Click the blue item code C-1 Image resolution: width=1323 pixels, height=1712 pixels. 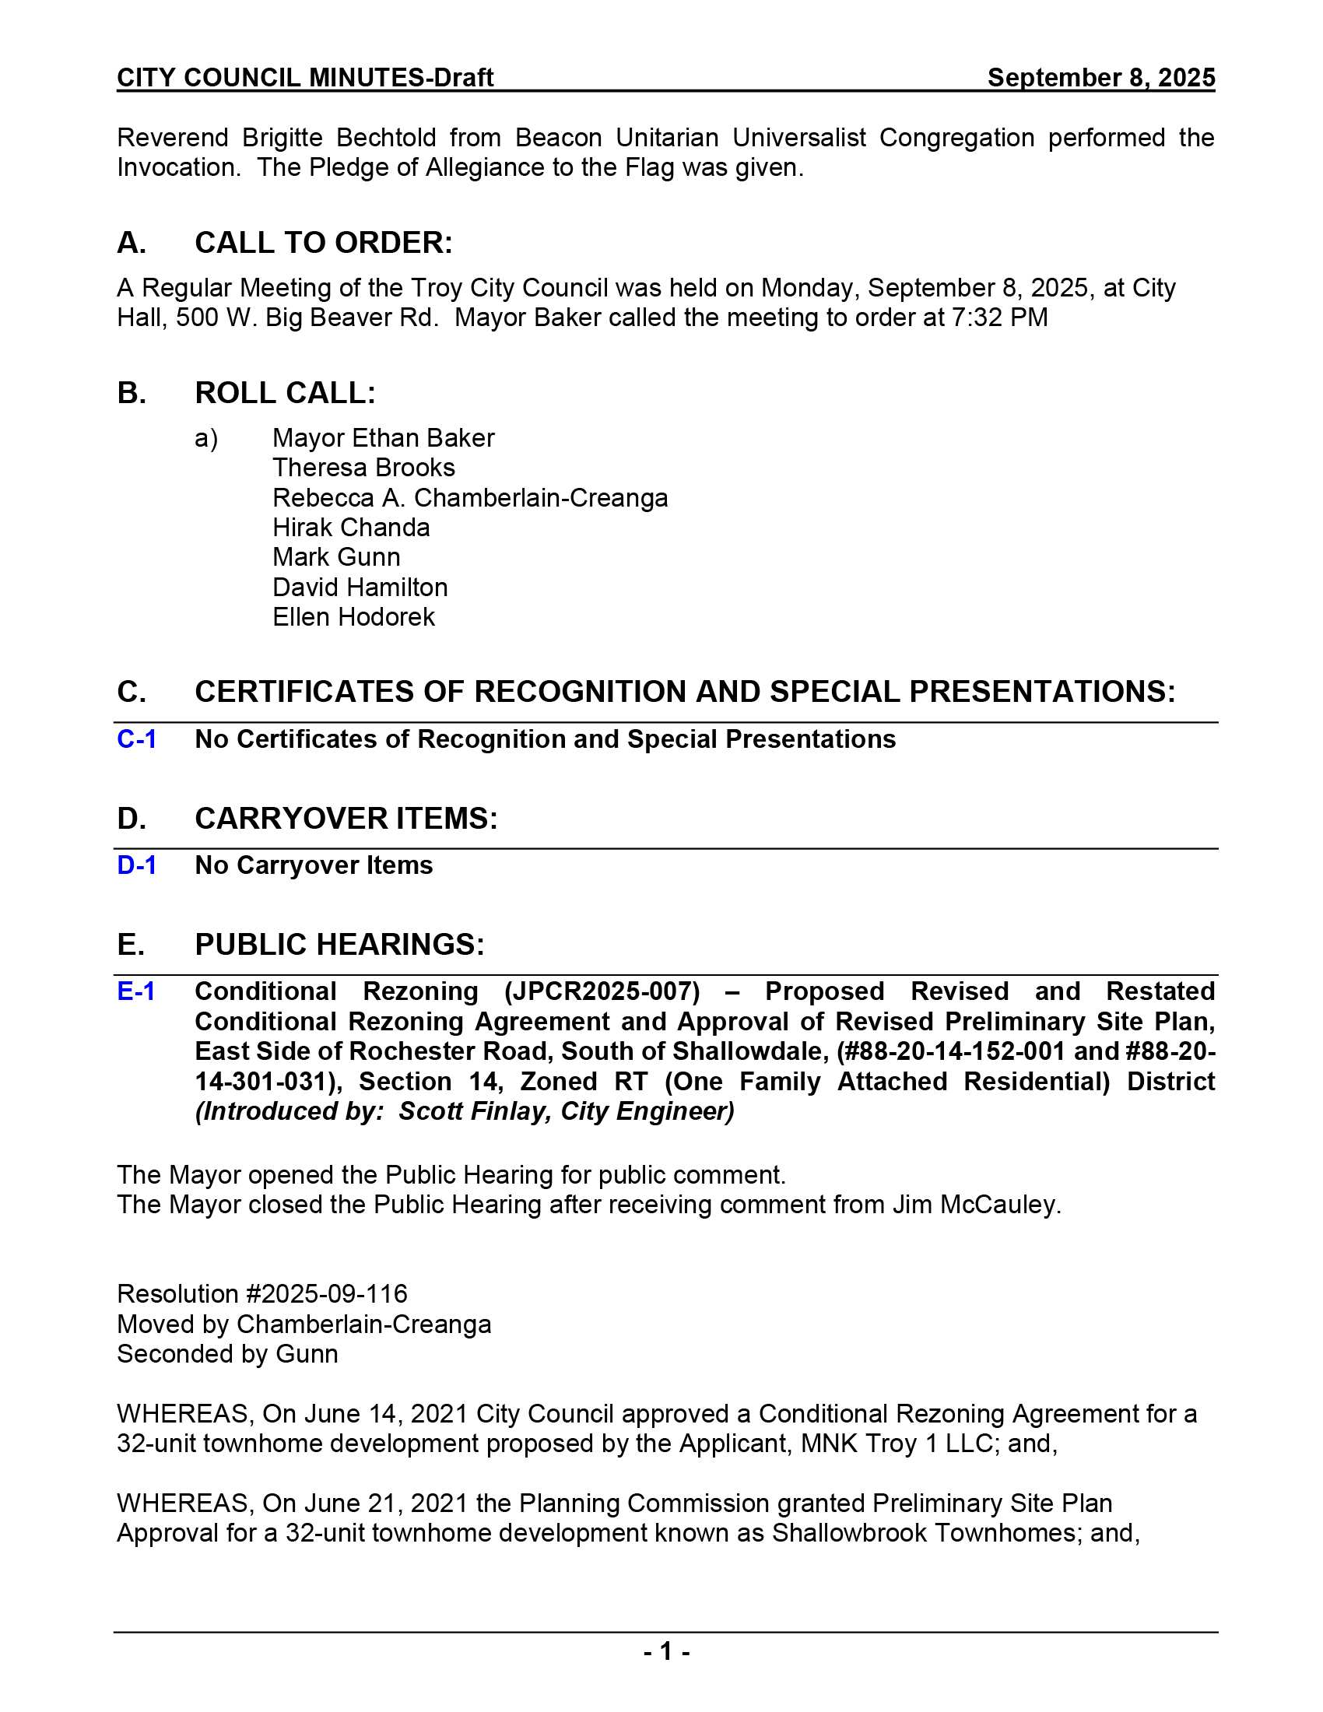coord(136,739)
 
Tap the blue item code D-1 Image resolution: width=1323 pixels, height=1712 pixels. coord(136,865)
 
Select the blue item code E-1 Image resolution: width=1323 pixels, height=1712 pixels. coord(135,991)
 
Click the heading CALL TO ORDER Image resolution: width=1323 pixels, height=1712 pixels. coord(323,243)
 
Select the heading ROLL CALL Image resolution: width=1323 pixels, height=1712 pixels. coord(285,393)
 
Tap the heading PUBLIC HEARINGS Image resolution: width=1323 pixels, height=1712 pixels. coord(339,945)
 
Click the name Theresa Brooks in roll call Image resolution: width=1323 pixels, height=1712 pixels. coord(363,468)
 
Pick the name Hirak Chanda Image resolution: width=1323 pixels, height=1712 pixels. coord(351,528)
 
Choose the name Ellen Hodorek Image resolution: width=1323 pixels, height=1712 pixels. coord(353,617)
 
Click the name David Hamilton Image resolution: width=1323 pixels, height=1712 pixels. coord(360,587)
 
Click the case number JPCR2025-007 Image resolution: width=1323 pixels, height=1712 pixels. coord(602,991)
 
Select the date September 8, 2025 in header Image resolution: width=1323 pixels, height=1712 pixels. coord(1100,78)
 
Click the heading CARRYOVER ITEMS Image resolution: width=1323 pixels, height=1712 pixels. coord(346,819)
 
